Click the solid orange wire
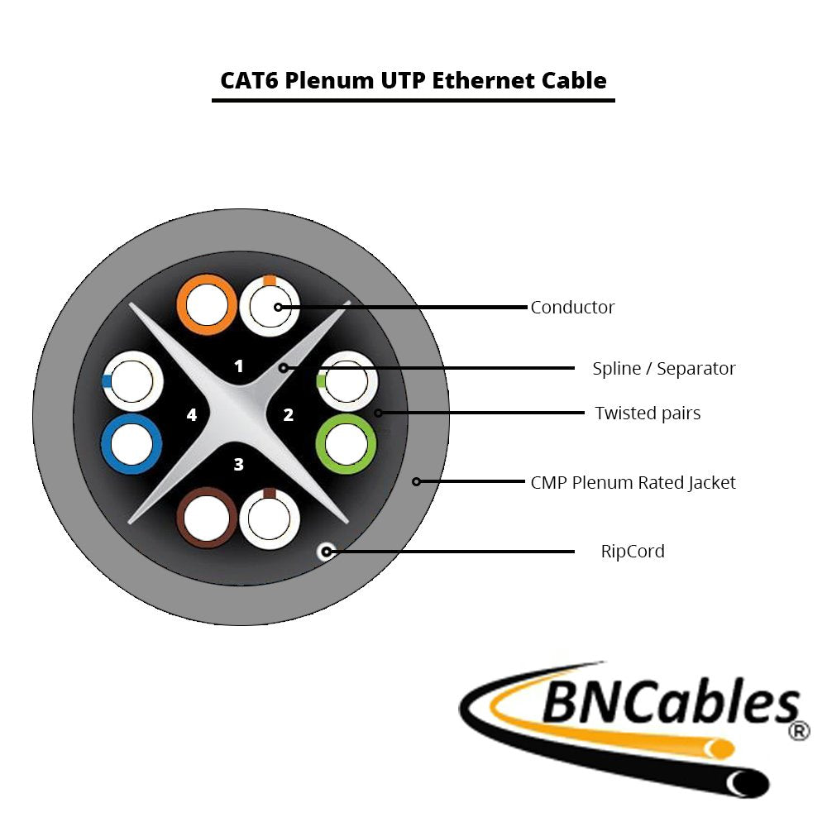point(203,305)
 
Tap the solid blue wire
point(131,444)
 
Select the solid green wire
point(346,445)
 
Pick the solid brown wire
point(208,519)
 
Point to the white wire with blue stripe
point(132,380)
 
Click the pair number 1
point(239,366)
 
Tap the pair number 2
point(289,415)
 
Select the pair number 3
point(239,465)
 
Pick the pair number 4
point(191,415)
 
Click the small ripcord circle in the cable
point(327,551)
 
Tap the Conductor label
point(572,308)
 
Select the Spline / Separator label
point(663,368)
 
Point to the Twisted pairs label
point(648,413)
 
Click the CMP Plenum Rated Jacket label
point(633,482)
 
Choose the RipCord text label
point(633,551)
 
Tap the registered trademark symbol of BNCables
point(799,731)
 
